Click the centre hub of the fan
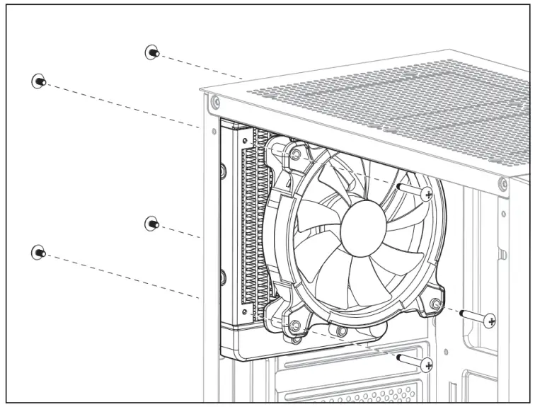[x=363, y=228]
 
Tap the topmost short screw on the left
[x=151, y=52]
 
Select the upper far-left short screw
[x=39, y=81]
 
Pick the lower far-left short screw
[x=39, y=251]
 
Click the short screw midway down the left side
[x=151, y=224]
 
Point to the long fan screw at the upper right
[x=425, y=193]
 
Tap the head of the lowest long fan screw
[x=426, y=365]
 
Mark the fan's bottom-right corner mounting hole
[x=437, y=304]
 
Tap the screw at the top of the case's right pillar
[x=502, y=185]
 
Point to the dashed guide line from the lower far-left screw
[x=120, y=276]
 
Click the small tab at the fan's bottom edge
[x=342, y=331]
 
